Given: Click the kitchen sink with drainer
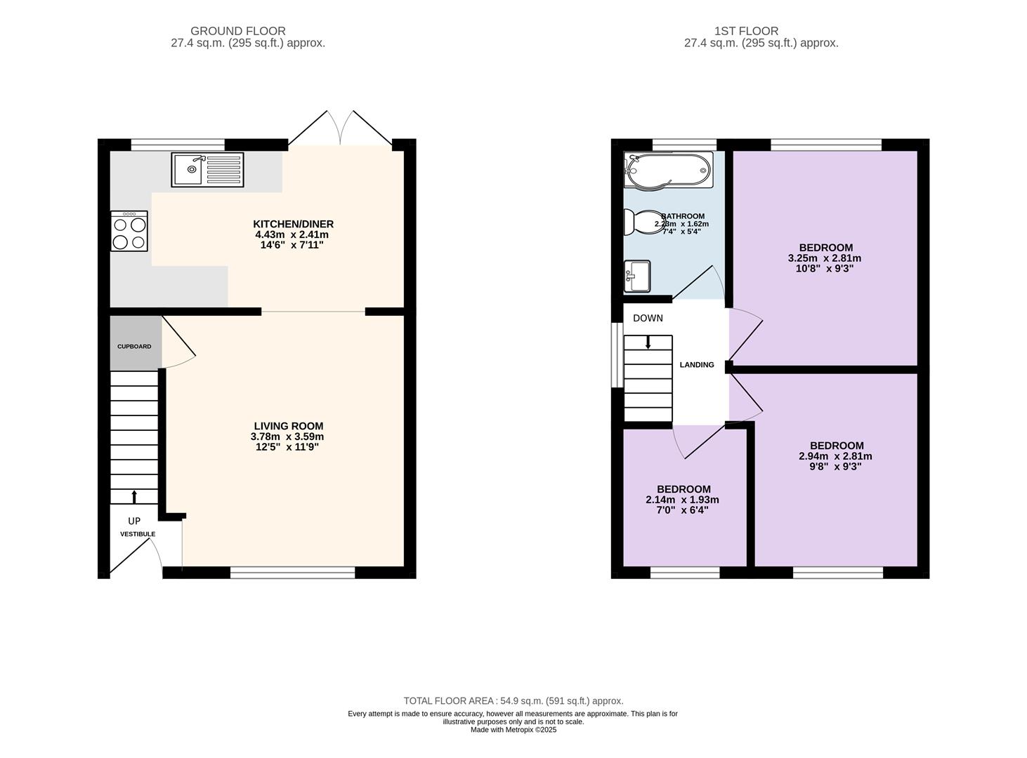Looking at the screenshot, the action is tap(207, 170).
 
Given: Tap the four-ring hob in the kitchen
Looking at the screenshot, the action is tap(129, 231).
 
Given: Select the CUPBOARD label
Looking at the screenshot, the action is tap(134, 346).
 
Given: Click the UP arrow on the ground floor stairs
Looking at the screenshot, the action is tap(134, 496).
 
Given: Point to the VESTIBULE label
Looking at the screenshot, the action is tap(138, 534).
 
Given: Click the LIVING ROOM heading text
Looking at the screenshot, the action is tap(289, 426).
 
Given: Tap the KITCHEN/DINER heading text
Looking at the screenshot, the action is tap(293, 224).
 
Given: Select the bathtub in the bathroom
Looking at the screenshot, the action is tap(668, 171).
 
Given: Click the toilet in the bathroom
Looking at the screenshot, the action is tap(643, 222).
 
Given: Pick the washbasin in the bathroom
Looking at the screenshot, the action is tap(637, 277).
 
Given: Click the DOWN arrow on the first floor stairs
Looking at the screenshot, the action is tap(648, 342).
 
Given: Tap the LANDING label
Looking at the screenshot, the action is tap(696, 365).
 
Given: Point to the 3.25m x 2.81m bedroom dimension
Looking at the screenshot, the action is tap(825, 258).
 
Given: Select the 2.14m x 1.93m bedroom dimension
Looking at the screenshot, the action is tap(683, 500).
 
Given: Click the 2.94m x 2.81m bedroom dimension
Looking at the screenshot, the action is tap(835, 456).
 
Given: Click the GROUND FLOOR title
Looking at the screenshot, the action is tap(238, 31).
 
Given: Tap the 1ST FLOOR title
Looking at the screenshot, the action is tap(746, 31).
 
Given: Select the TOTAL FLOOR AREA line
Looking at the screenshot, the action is tap(513, 700).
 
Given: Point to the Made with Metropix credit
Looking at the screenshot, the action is tap(513, 730).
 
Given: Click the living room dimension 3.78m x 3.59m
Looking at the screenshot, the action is tap(287, 437).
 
